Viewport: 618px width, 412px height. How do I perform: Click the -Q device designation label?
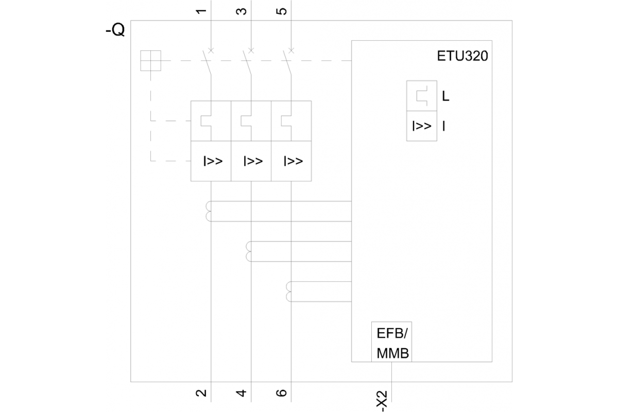(115, 29)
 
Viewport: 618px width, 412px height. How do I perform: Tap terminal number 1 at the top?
(201, 11)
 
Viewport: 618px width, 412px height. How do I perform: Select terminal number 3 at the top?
(242, 11)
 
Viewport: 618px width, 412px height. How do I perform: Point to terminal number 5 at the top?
(281, 11)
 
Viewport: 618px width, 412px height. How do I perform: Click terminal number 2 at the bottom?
(201, 392)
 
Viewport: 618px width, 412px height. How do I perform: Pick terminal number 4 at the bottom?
(242, 392)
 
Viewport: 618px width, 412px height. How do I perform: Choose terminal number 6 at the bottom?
(281, 392)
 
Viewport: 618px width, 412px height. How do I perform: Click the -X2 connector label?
(382, 401)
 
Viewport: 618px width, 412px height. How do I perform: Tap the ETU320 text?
(462, 56)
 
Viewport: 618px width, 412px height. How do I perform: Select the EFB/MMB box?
(391, 341)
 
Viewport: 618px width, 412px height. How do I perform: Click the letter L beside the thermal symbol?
(445, 96)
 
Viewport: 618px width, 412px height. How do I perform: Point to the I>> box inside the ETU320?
(422, 126)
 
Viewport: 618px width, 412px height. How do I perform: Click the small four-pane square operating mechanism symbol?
(150, 61)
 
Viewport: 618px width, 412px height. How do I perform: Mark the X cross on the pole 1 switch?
(211, 50)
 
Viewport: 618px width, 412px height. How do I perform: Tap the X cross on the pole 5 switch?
(291, 50)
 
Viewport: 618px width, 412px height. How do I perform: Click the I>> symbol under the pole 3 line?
(253, 161)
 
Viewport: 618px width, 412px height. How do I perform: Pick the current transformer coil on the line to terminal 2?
(209, 211)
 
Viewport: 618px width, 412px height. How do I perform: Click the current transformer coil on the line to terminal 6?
(289, 291)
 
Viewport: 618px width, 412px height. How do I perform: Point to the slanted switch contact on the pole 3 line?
(247, 62)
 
